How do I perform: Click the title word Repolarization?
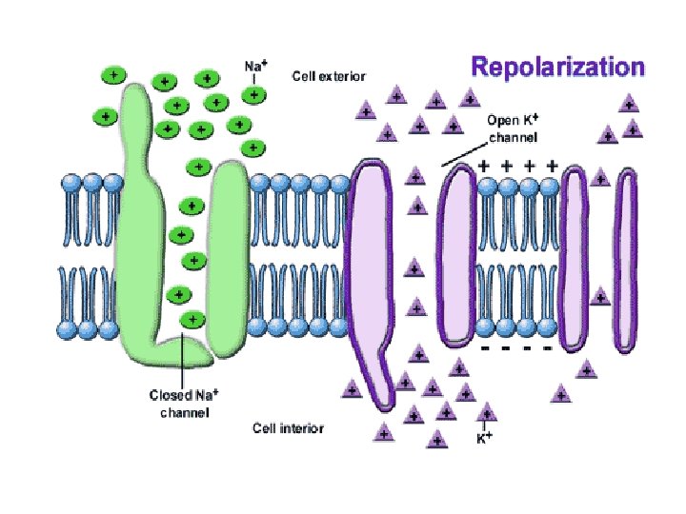tap(558, 68)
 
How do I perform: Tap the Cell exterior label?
tap(328, 75)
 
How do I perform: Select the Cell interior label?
tap(288, 428)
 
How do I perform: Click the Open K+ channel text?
tap(514, 129)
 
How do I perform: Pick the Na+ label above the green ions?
tap(254, 67)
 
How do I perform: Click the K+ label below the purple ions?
tap(484, 439)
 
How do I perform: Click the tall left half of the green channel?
tap(139, 219)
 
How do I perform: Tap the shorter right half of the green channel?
tap(226, 257)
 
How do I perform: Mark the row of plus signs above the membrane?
tap(519, 166)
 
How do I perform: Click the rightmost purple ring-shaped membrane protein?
tap(626, 257)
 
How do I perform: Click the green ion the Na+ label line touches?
tap(253, 94)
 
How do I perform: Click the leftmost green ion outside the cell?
tap(104, 116)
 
